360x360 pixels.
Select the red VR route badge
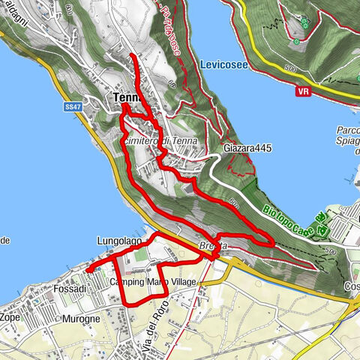tap(304, 91)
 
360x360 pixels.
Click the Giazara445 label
tap(247, 148)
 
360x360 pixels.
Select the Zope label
tap(10, 318)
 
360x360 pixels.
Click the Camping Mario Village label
tap(152, 282)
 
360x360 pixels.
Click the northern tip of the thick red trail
tap(133, 55)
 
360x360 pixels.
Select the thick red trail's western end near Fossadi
tap(86, 268)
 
